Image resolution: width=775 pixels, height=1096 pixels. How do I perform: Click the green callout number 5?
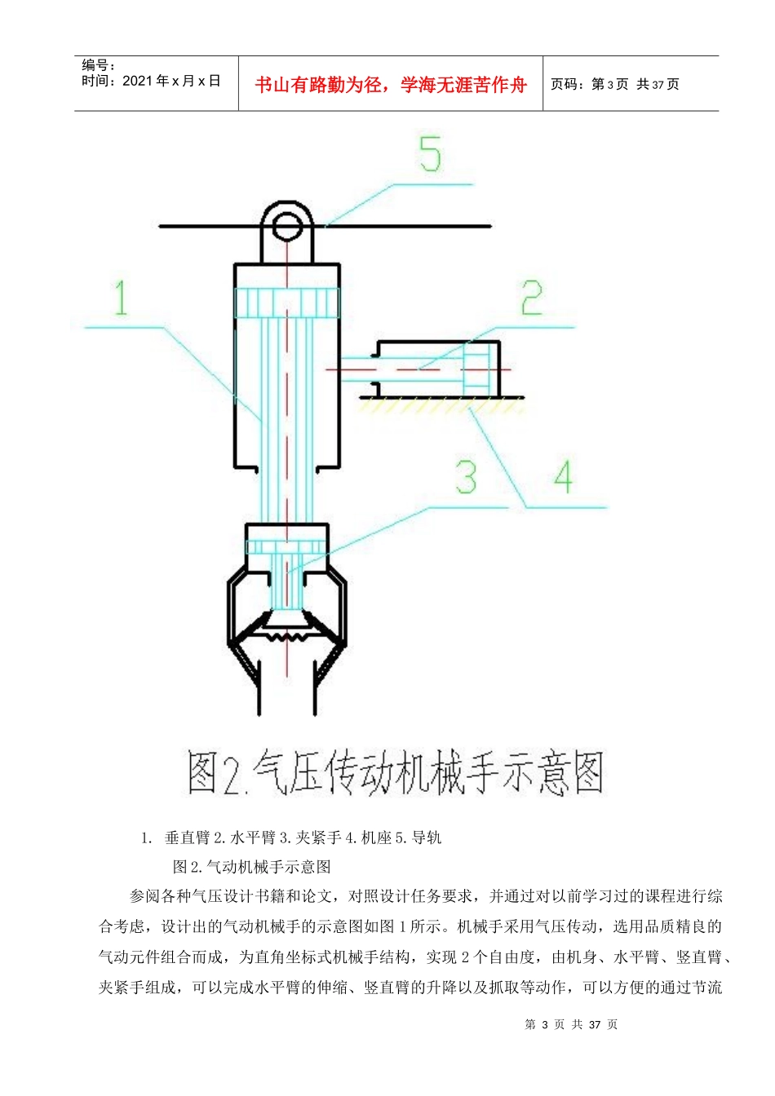coord(431,154)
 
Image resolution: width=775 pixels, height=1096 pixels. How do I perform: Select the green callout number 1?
coord(121,298)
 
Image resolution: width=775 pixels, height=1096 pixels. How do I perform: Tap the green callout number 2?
coord(532,298)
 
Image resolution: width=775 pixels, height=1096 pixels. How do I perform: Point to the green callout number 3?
coord(467,476)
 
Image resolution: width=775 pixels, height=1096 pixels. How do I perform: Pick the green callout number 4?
coord(563,476)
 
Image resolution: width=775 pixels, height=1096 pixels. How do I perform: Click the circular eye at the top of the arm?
coord(287,224)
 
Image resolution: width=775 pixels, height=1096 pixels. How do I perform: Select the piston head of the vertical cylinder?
coord(287,303)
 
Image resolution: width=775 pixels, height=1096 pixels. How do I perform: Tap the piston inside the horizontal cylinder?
coord(476,369)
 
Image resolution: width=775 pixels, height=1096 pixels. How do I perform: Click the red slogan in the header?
coord(391,85)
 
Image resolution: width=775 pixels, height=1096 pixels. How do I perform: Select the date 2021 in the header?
coord(137,81)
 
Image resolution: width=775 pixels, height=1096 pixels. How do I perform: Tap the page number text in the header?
coord(615,84)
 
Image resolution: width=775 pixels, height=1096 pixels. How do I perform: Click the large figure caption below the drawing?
coord(395,773)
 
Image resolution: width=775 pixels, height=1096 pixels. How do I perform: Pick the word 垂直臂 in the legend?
coord(187,837)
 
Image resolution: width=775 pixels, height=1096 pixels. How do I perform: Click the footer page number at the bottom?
coord(571,1024)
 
